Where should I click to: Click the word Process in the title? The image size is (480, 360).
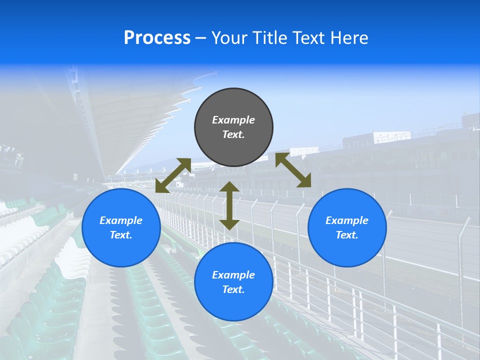(x=157, y=38)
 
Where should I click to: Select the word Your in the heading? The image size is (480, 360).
(x=228, y=38)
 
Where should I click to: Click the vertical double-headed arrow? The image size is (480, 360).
(x=229, y=205)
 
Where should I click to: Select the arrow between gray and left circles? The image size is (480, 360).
(x=173, y=175)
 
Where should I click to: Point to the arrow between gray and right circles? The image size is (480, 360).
(x=293, y=170)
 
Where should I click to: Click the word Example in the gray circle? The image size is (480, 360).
(x=233, y=120)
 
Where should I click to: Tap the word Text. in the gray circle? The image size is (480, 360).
(x=233, y=134)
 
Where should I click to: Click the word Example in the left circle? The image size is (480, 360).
(x=121, y=220)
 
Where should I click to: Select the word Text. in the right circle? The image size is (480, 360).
(x=347, y=235)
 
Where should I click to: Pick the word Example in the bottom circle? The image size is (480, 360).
(x=233, y=275)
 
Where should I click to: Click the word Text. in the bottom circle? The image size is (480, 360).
(x=233, y=289)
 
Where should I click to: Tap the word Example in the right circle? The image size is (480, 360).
(x=347, y=220)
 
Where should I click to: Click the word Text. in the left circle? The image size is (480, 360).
(x=121, y=235)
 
